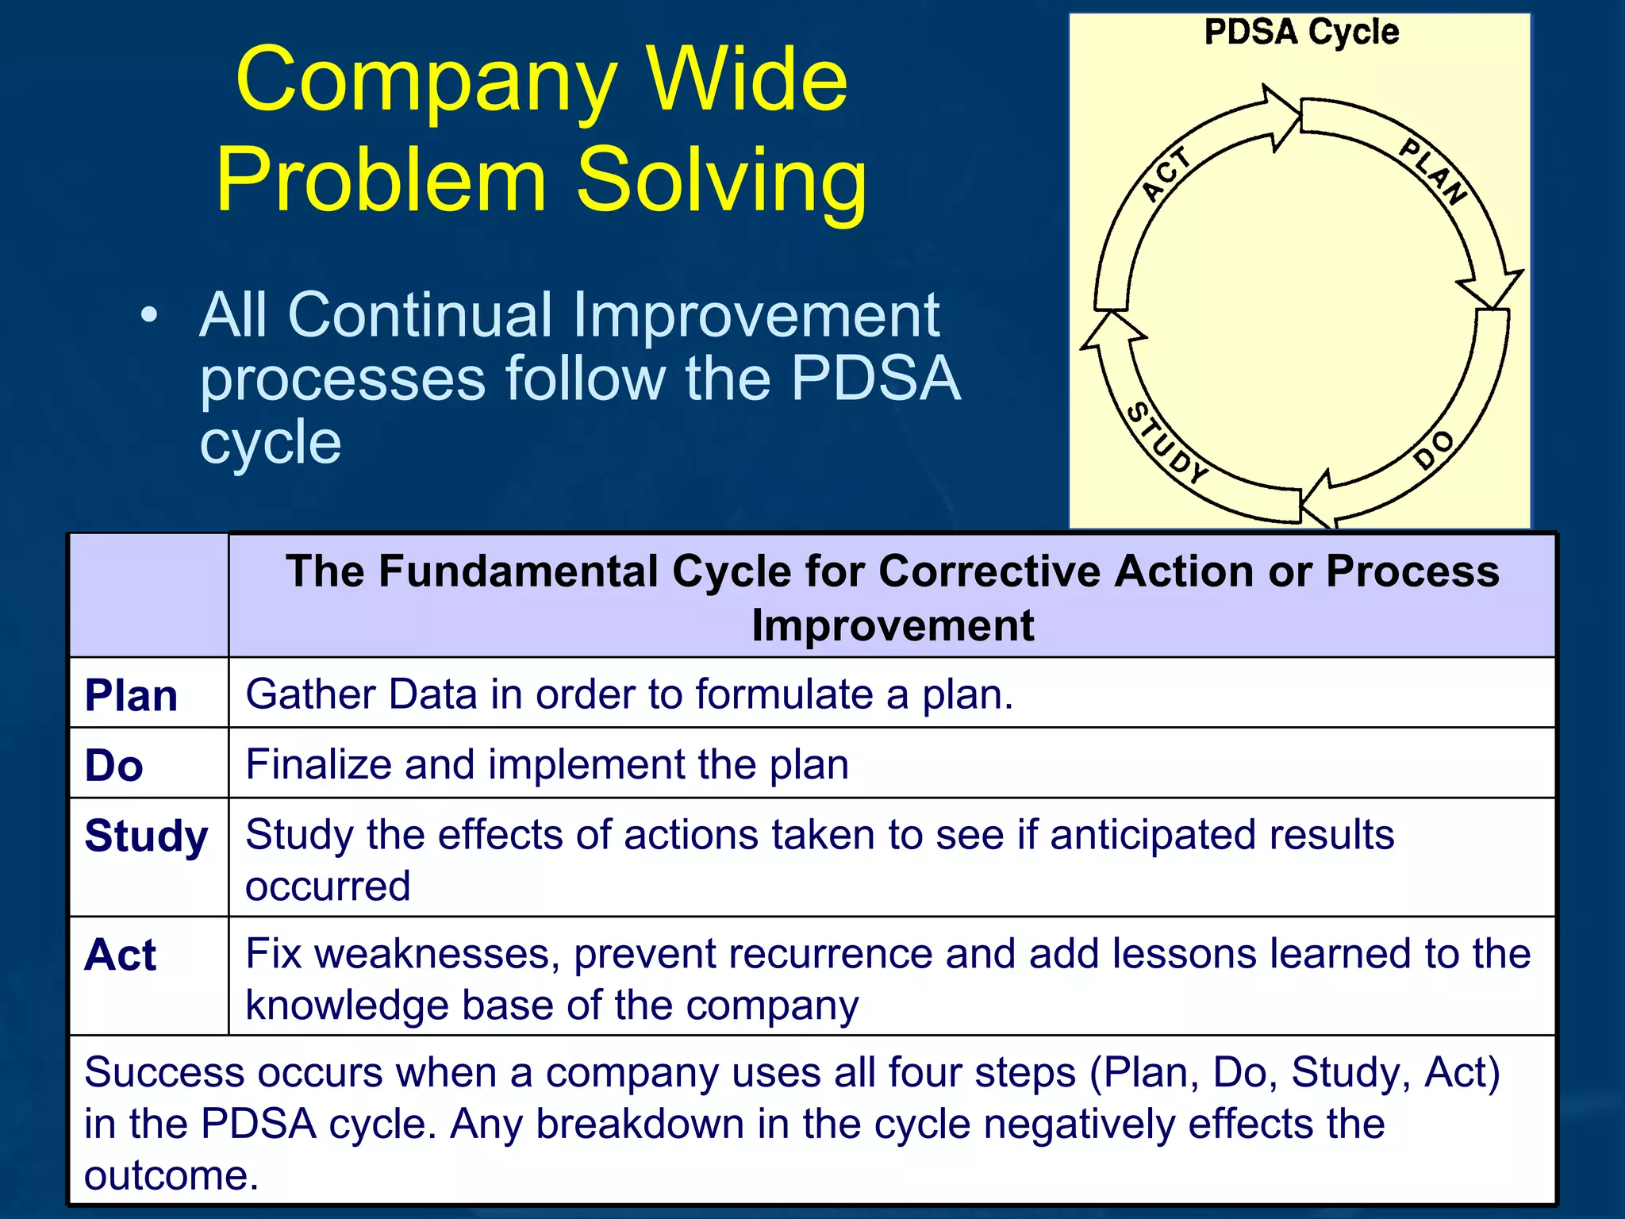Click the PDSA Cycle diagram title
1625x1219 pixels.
(x=1301, y=33)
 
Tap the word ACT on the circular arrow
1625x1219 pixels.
(x=1166, y=174)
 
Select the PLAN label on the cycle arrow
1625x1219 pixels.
(x=1433, y=171)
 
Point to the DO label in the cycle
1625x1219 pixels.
(x=1435, y=451)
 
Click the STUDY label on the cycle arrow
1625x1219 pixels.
(x=1167, y=444)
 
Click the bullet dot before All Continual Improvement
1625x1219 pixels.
(x=148, y=315)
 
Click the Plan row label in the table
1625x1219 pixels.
(x=131, y=696)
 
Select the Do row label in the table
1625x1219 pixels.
(x=114, y=766)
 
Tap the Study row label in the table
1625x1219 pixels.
(x=146, y=836)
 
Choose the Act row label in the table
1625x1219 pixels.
(x=121, y=955)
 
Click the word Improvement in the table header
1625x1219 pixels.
(x=893, y=625)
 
